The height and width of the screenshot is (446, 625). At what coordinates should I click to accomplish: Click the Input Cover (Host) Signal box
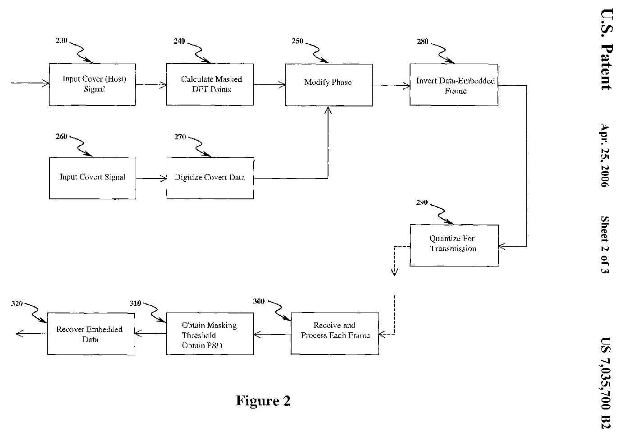(92, 84)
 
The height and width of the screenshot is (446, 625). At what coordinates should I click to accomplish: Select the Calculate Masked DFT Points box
(210, 84)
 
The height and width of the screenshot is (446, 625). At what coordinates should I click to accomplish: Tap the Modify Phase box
(328, 85)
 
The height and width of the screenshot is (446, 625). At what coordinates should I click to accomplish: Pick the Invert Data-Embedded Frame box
(454, 85)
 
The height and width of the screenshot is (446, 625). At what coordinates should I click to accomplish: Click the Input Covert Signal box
(92, 178)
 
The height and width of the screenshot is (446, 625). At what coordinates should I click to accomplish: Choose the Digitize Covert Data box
(210, 178)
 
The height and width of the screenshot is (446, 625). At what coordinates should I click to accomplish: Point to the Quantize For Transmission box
(454, 245)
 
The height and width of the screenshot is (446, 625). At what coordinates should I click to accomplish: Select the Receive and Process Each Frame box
(335, 333)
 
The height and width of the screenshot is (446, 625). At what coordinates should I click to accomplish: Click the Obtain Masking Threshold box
(210, 334)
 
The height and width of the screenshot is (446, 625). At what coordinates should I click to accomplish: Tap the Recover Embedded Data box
(91, 334)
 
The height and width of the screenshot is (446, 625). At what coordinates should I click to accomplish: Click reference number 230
(61, 41)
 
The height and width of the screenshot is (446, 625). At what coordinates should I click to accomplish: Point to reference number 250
(297, 41)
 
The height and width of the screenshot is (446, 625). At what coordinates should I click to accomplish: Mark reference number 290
(422, 202)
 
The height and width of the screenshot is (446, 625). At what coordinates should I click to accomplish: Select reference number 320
(17, 303)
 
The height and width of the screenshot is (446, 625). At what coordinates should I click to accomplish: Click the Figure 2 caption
(263, 400)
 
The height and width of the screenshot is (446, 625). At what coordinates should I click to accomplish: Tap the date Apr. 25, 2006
(605, 155)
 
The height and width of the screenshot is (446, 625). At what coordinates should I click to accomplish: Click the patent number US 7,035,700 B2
(606, 383)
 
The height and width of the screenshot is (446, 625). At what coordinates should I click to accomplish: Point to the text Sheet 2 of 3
(605, 245)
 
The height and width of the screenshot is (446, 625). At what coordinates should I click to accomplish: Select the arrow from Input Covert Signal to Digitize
(151, 179)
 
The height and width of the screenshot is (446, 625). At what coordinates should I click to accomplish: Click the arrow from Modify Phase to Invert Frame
(391, 85)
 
